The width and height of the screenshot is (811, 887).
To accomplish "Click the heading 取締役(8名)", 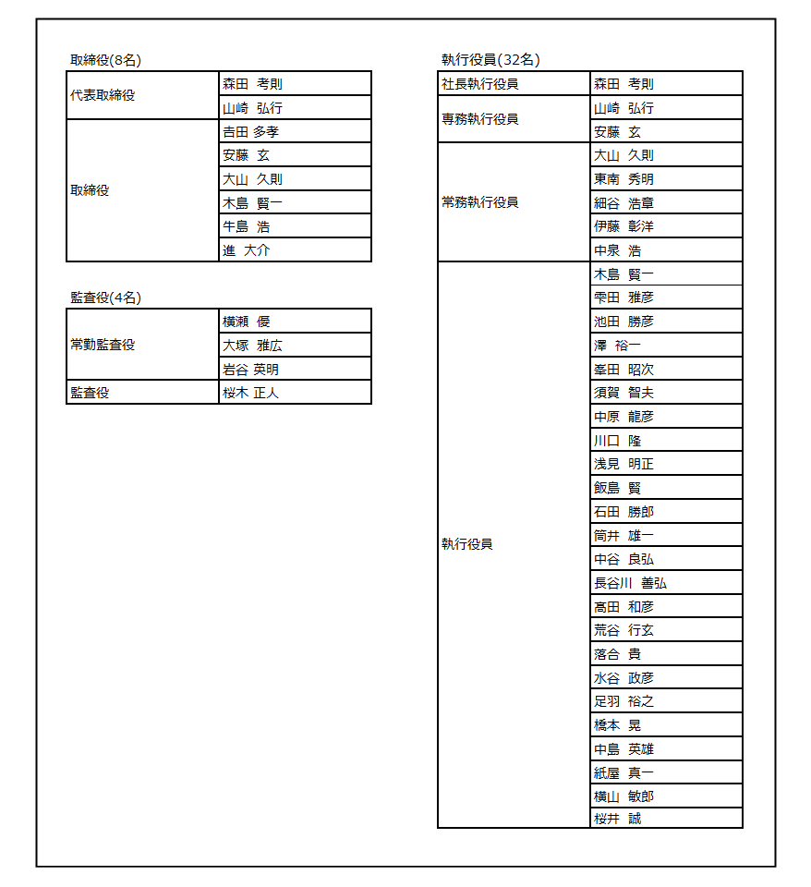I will click(105, 60).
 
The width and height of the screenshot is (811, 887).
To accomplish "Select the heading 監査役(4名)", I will click(105, 298).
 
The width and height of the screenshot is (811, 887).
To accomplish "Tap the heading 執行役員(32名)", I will click(490, 60).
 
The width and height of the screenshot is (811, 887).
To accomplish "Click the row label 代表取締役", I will click(103, 95).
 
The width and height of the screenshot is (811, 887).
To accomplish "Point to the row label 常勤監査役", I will click(103, 345).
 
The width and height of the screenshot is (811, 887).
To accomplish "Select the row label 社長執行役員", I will click(480, 84).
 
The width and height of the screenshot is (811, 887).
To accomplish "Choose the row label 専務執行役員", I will click(480, 119).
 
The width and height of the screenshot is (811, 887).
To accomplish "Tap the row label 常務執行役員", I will click(480, 202).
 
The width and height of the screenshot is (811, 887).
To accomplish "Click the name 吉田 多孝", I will click(251, 131).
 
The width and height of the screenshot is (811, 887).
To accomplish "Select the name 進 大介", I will click(247, 250).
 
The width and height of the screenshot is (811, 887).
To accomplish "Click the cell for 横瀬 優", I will click(247, 322).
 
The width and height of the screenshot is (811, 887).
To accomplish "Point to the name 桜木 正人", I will click(251, 393).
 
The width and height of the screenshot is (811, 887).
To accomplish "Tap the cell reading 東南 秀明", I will click(623, 179).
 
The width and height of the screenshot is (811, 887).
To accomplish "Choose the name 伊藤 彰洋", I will click(623, 226).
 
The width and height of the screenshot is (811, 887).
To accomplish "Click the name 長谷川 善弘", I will click(630, 583).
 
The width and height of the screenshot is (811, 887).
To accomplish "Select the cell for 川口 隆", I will click(617, 441).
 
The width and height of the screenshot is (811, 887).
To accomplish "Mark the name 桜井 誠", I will click(617, 819).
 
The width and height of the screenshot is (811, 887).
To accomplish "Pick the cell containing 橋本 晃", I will click(617, 725).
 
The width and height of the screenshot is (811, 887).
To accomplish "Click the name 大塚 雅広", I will click(252, 346).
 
